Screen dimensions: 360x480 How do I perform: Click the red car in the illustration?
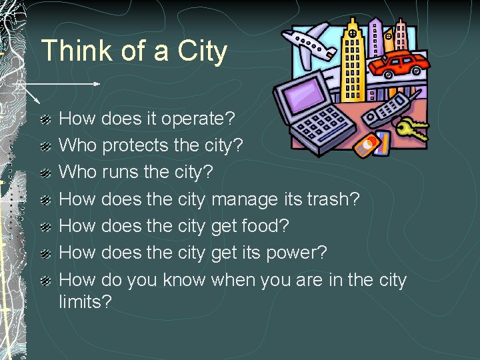[399, 64]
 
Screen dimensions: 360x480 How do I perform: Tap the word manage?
[245, 200]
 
